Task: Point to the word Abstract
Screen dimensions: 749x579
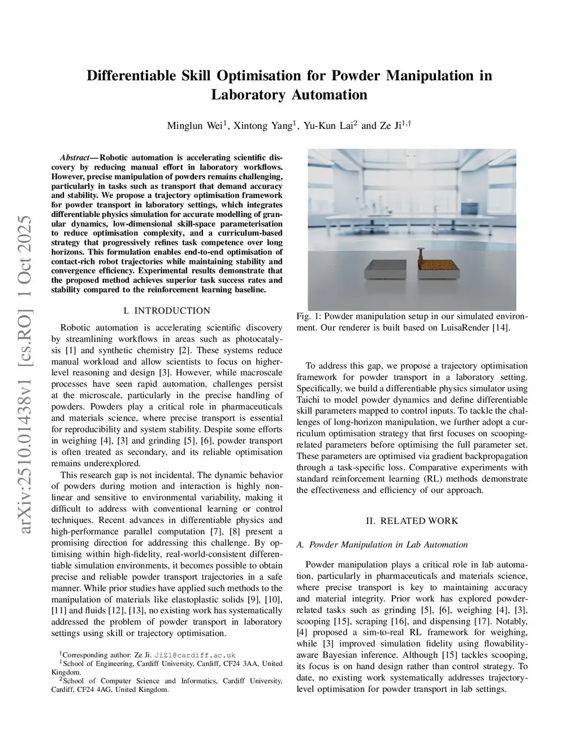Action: (x=77, y=158)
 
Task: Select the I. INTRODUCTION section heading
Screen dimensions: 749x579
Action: (x=166, y=311)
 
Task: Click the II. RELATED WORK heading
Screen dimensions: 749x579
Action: (x=412, y=521)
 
